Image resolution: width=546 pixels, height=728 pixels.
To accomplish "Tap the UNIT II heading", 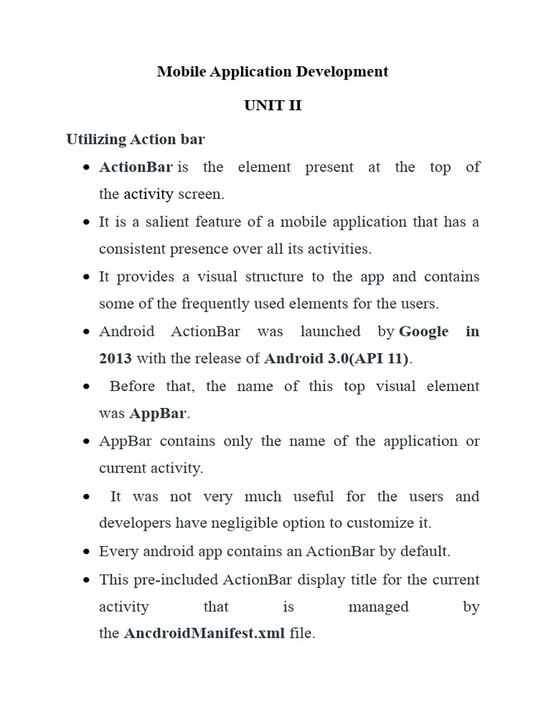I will pyautogui.click(x=273, y=106).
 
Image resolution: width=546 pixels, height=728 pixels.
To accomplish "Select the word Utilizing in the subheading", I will pyautogui.click(x=97, y=139).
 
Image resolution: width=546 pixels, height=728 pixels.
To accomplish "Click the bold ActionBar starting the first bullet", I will pyautogui.click(x=136, y=167).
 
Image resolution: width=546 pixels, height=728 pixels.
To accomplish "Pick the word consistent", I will pyautogui.click(x=135, y=249).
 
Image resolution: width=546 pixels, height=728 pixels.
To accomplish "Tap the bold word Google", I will pyautogui.click(x=424, y=331).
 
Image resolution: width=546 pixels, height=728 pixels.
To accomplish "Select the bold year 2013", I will pyautogui.click(x=115, y=358).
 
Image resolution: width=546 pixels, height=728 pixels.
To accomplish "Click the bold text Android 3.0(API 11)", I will pyautogui.click(x=337, y=358).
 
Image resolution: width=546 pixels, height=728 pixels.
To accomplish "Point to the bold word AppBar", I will pyautogui.click(x=157, y=413).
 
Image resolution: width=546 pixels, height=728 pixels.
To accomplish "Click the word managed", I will pyautogui.click(x=378, y=606).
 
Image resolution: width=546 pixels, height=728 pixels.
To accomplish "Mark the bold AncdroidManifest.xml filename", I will pyautogui.click(x=205, y=633).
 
